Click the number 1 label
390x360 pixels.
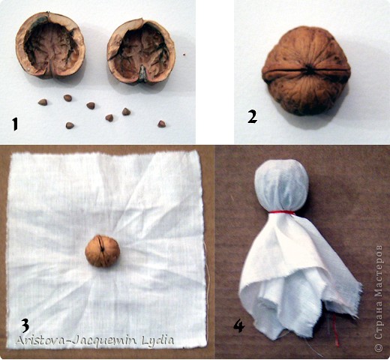tap(16, 124)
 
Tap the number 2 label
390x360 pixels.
tap(252, 117)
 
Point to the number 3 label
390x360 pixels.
tap(25, 325)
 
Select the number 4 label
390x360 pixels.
tap(239, 325)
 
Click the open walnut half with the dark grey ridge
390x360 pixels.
tap(141, 52)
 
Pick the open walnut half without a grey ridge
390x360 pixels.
tap(50, 45)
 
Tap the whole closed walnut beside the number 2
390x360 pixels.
tap(306, 71)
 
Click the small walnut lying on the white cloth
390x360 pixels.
tap(103, 250)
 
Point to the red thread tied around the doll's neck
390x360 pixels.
tap(282, 212)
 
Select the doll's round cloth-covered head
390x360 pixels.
tap(282, 186)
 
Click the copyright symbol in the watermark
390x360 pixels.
tap(379, 347)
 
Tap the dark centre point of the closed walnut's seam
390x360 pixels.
tap(310, 70)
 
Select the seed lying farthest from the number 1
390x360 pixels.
tap(161, 124)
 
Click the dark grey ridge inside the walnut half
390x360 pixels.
tap(142, 74)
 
